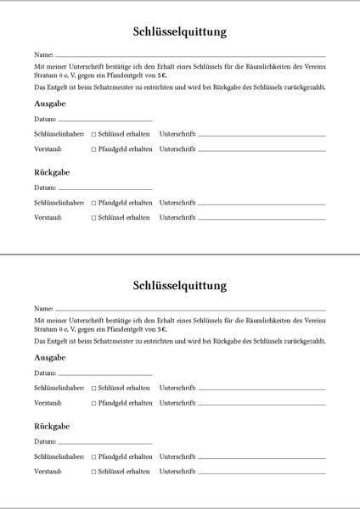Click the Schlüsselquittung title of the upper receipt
tap(180, 32)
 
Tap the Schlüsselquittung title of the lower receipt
tap(180, 285)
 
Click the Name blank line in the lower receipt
tap(190, 309)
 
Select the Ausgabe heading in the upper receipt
tap(50, 103)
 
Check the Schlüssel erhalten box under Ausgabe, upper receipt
tap(94, 135)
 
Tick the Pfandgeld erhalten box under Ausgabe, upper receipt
tap(94, 149)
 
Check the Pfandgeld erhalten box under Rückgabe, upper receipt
tap(94, 204)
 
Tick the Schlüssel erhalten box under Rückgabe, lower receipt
tap(94, 471)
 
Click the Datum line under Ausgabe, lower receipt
tap(105, 374)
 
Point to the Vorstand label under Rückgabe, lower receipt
tap(48, 471)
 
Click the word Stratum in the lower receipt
tap(47, 328)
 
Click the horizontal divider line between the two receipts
tap(180, 254)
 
